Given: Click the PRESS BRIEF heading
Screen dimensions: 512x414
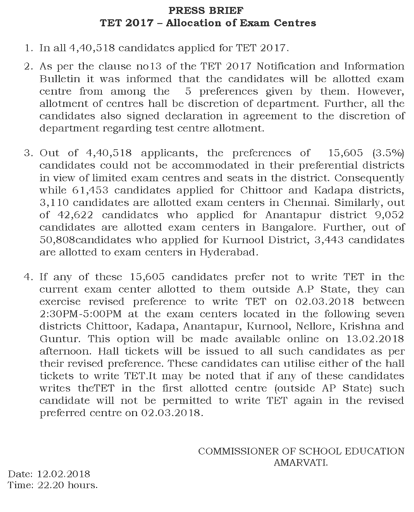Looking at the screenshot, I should pos(206,11).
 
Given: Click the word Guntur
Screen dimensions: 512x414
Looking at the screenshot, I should pos(59,339).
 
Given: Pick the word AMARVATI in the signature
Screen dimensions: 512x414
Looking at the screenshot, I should pos(300,463).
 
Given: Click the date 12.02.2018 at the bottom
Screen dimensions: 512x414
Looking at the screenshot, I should pos(64,474).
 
